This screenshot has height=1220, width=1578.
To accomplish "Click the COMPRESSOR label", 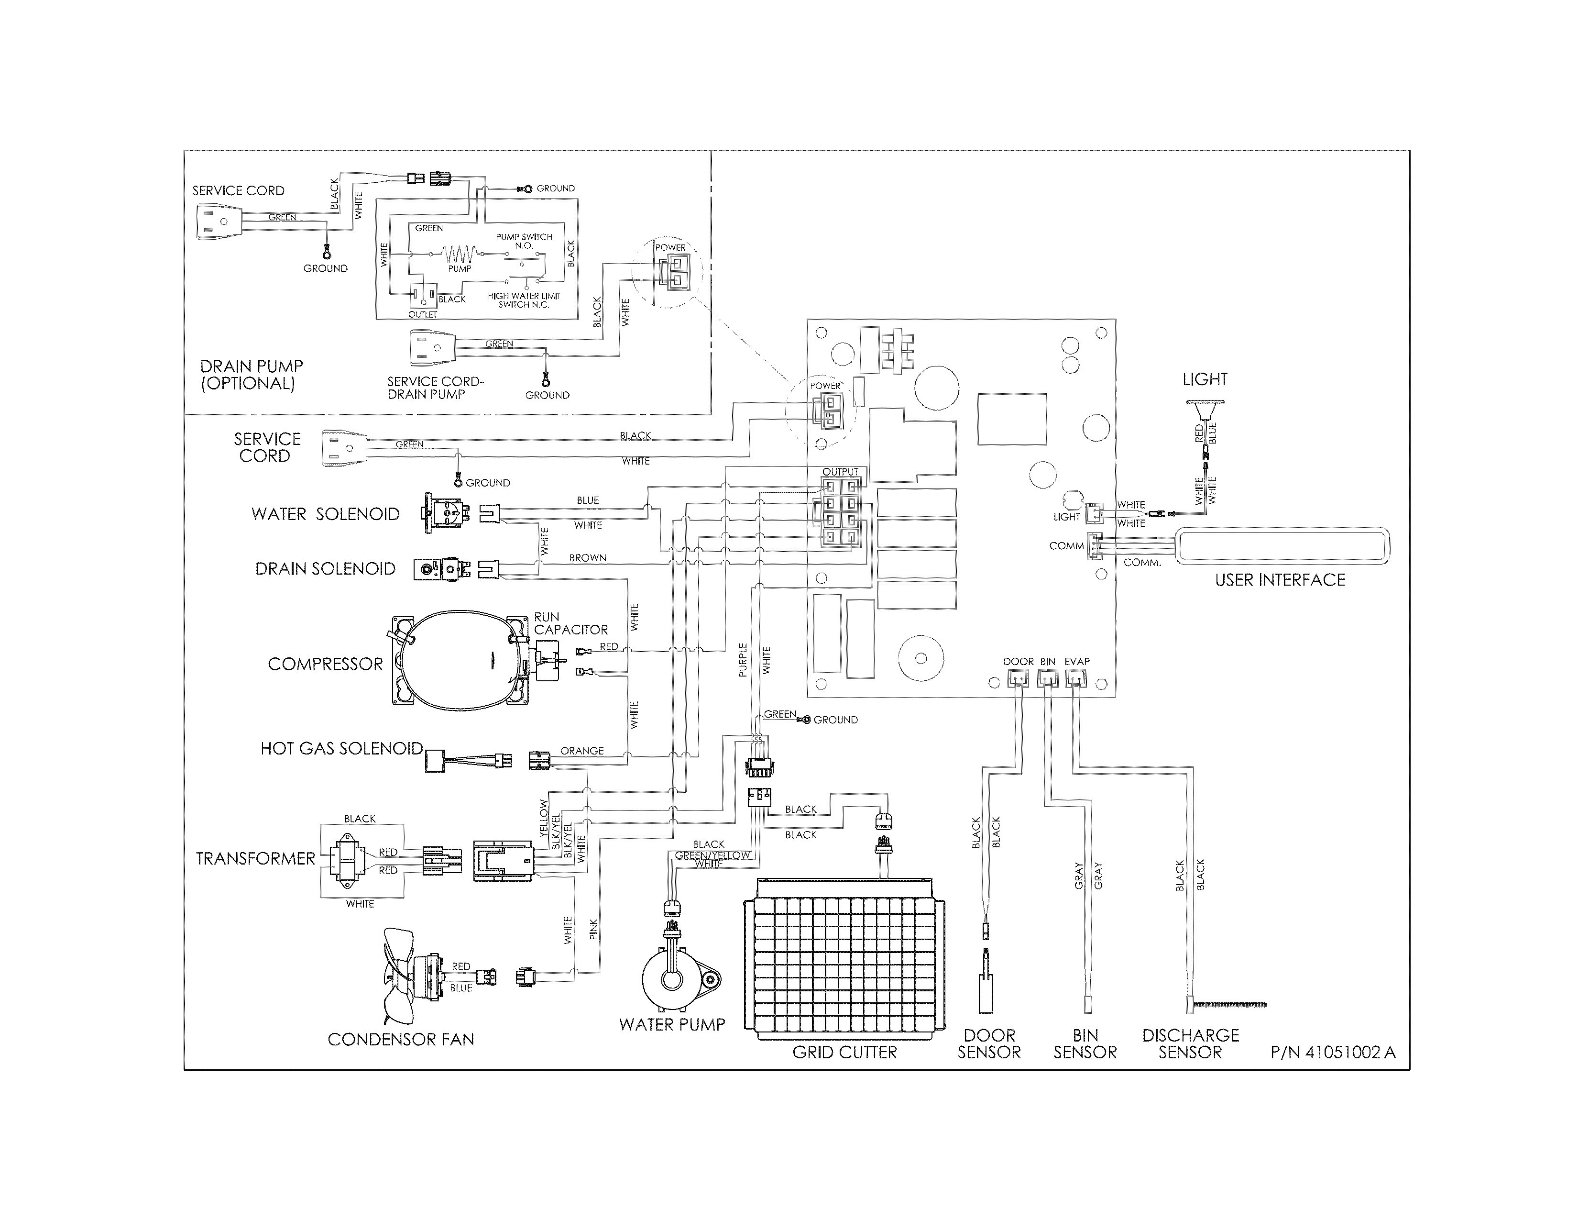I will (x=325, y=664).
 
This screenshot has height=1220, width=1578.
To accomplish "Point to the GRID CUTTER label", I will (x=844, y=1053).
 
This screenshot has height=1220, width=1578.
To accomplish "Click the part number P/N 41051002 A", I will (x=1333, y=1053).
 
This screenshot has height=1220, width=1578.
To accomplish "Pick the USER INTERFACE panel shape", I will (x=1282, y=546).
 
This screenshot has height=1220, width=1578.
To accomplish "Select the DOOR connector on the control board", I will (x=1017, y=678).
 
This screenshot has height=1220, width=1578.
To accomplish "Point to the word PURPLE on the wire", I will (x=743, y=660).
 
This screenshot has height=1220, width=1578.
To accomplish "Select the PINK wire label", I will (x=594, y=929).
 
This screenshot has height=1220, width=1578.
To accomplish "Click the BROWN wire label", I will (x=587, y=558).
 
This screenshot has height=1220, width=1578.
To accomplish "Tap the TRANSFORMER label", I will (x=255, y=859).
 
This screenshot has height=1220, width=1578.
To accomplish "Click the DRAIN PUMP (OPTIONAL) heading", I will (x=251, y=375).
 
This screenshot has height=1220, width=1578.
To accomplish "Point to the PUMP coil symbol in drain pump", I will (x=460, y=255).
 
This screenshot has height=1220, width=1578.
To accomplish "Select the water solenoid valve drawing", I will (x=443, y=513).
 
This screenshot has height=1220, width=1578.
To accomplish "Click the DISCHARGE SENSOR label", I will (x=1190, y=1043).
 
